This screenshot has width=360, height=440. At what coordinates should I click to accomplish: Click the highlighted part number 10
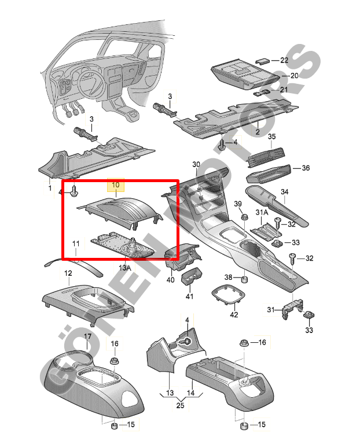(116, 185)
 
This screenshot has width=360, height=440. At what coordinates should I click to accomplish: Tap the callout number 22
(284, 60)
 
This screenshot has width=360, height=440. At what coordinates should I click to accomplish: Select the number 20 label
(294, 76)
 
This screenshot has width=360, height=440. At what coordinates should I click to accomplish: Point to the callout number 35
(272, 136)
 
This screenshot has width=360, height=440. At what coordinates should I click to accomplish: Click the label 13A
(125, 268)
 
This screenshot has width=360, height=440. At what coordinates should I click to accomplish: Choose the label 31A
(262, 212)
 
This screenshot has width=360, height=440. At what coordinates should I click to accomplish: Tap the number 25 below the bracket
(180, 405)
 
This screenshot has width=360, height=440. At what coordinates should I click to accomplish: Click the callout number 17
(87, 336)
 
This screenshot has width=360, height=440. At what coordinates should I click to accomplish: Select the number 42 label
(234, 315)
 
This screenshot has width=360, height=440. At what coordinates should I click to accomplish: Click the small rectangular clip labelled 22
(263, 61)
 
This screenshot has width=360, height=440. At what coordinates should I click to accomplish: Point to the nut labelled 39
(244, 217)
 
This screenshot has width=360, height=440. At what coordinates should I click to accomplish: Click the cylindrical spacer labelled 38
(245, 280)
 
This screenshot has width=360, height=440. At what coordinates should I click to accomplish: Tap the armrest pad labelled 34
(277, 205)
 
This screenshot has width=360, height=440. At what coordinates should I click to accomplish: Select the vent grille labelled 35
(266, 157)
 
